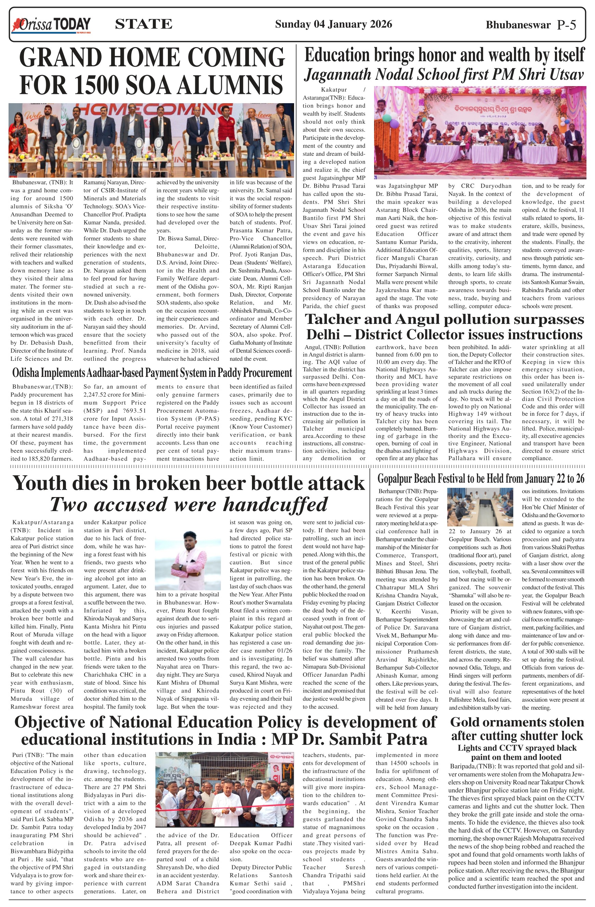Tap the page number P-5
coord(566,25)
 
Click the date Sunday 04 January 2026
coord(333,24)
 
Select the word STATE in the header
coord(143,24)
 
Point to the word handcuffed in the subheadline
coord(275,504)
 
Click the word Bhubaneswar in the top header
coord(518,25)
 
